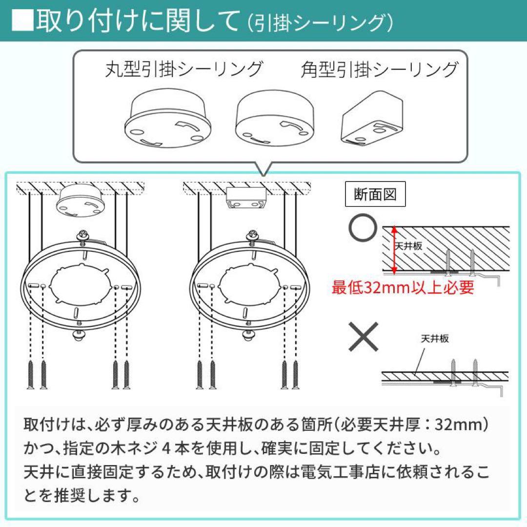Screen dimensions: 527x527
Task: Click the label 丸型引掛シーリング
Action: (x=184, y=69)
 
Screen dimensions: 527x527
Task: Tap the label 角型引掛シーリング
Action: (x=379, y=69)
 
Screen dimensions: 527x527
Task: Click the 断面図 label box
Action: (x=375, y=195)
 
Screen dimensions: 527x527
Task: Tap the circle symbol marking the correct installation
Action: (x=363, y=227)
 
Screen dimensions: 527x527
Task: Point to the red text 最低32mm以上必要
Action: (x=403, y=287)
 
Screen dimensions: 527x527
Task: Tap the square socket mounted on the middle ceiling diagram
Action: (x=246, y=198)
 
